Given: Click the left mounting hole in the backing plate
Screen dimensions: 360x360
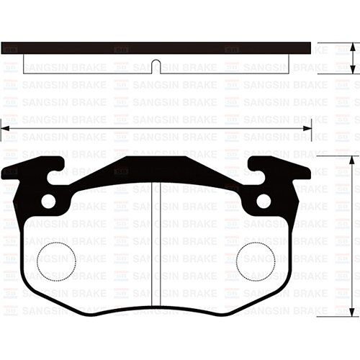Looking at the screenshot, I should [x=49, y=201].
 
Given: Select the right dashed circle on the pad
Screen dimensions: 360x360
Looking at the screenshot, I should [x=257, y=259].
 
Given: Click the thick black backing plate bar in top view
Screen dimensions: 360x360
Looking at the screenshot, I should [x=108, y=48].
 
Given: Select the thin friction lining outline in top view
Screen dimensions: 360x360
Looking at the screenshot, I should [x=86, y=71].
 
